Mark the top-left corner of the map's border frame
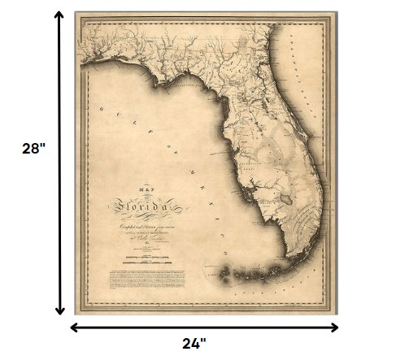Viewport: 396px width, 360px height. coord(76,14)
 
